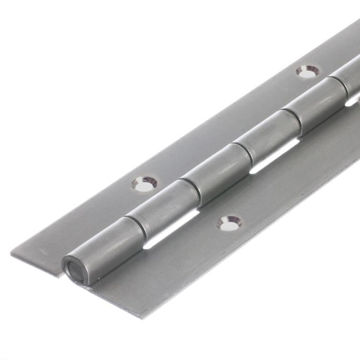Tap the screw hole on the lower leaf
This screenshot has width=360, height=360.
pos(229,223)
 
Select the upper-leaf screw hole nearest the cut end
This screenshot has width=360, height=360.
pos(144,184)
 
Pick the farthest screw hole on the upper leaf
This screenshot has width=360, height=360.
pos(307,72)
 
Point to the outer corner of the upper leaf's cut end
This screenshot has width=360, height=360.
pos(11,253)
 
